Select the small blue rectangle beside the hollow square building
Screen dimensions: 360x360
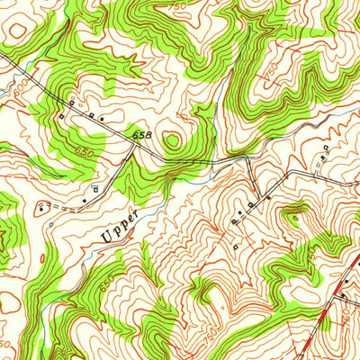(x=95, y=187)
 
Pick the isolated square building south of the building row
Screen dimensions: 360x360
(x=235, y=246)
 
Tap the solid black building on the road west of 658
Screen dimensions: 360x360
(x=102, y=119)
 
